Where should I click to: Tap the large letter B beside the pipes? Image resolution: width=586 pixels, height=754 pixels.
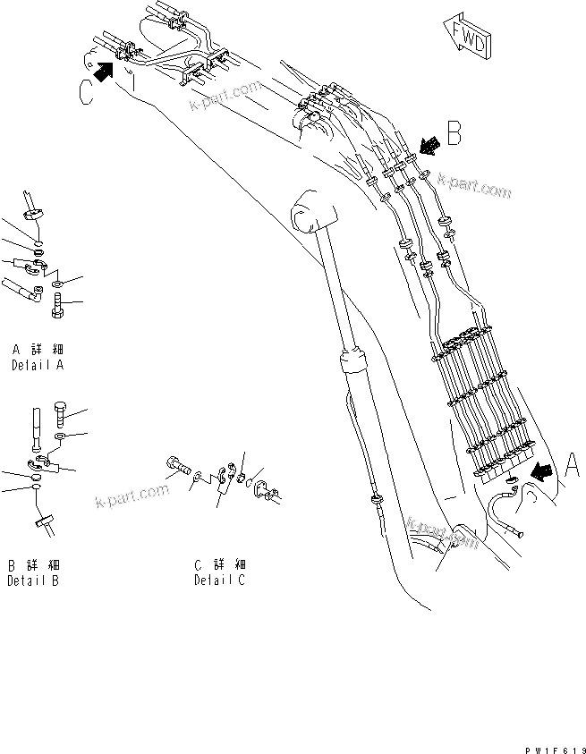tap(454, 135)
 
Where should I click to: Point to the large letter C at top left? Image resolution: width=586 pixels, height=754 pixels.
tap(87, 92)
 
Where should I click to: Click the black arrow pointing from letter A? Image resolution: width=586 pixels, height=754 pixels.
tap(539, 470)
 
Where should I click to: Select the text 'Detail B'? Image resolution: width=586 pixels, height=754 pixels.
tap(33, 580)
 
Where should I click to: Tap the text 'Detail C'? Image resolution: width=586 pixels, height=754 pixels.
tap(219, 580)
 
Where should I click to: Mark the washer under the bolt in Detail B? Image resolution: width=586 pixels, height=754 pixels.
tap(59, 436)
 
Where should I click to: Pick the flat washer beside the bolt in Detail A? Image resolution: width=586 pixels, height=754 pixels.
tap(58, 283)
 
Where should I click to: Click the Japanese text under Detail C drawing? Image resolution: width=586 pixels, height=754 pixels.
tap(219, 565)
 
